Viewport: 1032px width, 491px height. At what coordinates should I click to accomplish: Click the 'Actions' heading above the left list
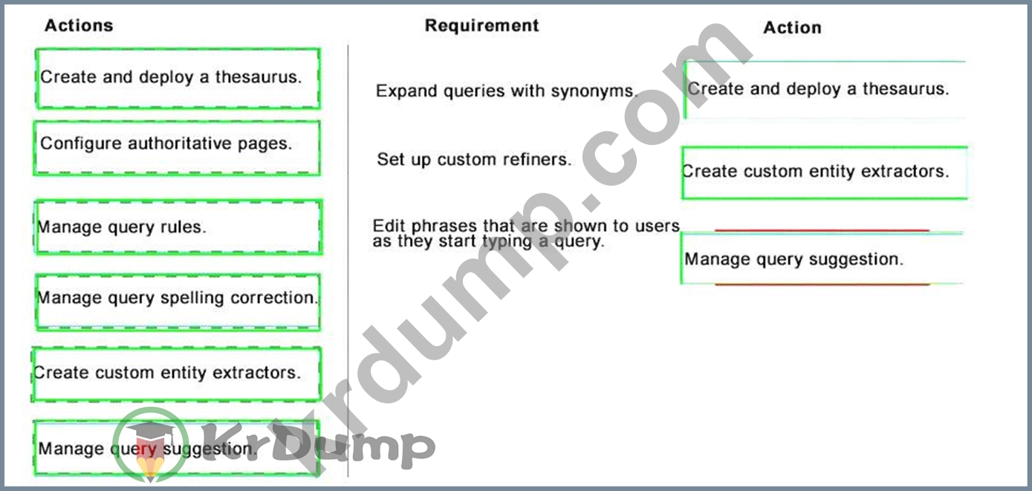(79, 25)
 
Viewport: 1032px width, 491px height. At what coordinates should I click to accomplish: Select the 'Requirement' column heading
(481, 25)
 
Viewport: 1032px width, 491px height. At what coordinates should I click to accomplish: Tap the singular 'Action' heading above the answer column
(793, 27)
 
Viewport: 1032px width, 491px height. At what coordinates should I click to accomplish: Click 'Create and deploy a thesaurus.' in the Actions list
(178, 78)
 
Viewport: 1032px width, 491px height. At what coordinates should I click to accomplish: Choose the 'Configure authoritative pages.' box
(177, 148)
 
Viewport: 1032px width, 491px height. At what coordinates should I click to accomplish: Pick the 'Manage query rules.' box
(178, 227)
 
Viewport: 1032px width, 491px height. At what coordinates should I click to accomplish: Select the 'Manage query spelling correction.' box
(178, 302)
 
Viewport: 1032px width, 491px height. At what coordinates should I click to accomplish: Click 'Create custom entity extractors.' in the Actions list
(176, 374)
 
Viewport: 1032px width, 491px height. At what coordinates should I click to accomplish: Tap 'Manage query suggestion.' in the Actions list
(176, 448)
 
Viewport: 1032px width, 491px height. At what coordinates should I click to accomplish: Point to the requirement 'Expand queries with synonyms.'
(507, 91)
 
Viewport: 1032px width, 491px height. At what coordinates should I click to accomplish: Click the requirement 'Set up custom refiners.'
(474, 160)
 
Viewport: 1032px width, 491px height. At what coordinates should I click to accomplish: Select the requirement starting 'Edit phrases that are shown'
(526, 233)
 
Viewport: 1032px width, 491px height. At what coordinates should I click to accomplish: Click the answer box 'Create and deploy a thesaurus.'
(825, 90)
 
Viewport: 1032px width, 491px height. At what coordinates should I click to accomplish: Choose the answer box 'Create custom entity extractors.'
(824, 173)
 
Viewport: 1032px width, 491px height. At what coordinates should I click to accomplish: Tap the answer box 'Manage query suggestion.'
(822, 258)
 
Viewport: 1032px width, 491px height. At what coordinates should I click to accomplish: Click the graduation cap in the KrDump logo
(151, 433)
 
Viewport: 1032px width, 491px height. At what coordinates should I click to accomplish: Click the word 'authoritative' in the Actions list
(180, 143)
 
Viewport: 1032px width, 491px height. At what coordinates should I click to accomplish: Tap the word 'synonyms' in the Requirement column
(594, 91)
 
